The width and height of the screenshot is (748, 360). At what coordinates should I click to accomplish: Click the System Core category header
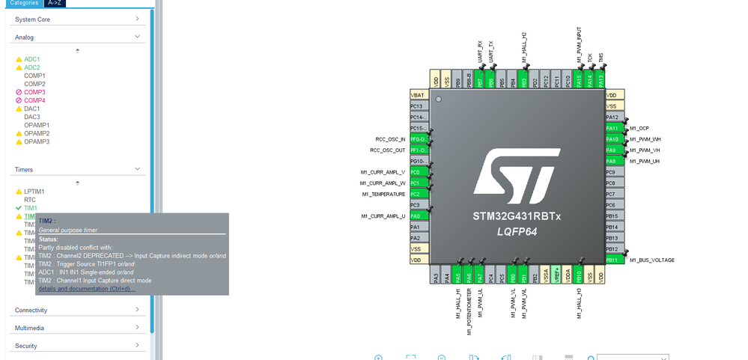pyautogui.click(x=32, y=19)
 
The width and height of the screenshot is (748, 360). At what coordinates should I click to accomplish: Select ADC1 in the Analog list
pyautogui.click(x=31, y=59)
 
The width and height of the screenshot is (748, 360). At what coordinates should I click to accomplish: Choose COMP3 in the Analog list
pyautogui.click(x=34, y=92)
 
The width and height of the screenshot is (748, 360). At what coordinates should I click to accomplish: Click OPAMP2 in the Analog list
pyautogui.click(x=37, y=133)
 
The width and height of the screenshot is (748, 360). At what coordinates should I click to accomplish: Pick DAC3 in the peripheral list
pyautogui.click(x=32, y=117)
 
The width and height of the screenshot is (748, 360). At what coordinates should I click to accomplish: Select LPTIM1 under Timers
pyautogui.click(x=34, y=192)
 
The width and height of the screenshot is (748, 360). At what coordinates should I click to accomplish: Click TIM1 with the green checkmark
pyautogui.click(x=30, y=208)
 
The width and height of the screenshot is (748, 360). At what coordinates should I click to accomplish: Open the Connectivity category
pyautogui.click(x=31, y=310)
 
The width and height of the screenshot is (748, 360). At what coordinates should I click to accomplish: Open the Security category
pyautogui.click(x=26, y=346)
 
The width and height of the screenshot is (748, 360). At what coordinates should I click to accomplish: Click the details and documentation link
pyautogui.click(x=87, y=289)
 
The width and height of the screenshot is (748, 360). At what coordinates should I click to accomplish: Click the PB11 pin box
pyautogui.click(x=614, y=260)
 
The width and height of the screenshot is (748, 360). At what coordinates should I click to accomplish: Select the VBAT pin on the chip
pyautogui.click(x=418, y=95)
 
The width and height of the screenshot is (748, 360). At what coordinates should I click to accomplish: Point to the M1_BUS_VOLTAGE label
pyautogui.click(x=651, y=260)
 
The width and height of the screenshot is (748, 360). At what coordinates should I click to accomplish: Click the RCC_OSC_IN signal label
pyautogui.click(x=390, y=139)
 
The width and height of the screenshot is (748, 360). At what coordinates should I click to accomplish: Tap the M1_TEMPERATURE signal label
pyautogui.click(x=383, y=195)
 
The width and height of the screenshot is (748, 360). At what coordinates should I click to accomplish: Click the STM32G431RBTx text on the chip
pyautogui.click(x=517, y=216)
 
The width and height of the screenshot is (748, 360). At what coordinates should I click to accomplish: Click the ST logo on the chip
pyautogui.click(x=516, y=171)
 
